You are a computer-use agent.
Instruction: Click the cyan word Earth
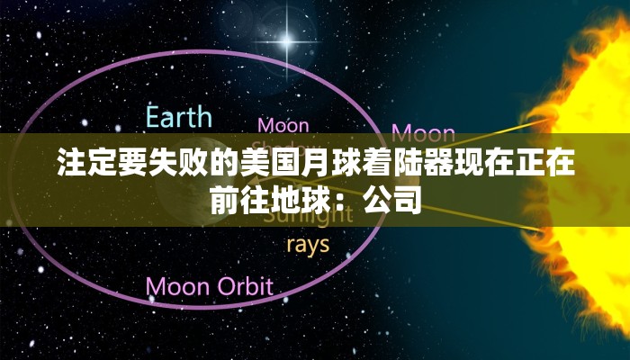point(180,117)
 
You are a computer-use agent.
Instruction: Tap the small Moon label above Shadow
point(283,125)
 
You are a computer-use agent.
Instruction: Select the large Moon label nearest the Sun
point(424,134)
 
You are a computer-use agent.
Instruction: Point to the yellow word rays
point(307,244)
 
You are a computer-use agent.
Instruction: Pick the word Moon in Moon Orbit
point(176,287)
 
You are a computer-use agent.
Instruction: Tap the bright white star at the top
point(287,40)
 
